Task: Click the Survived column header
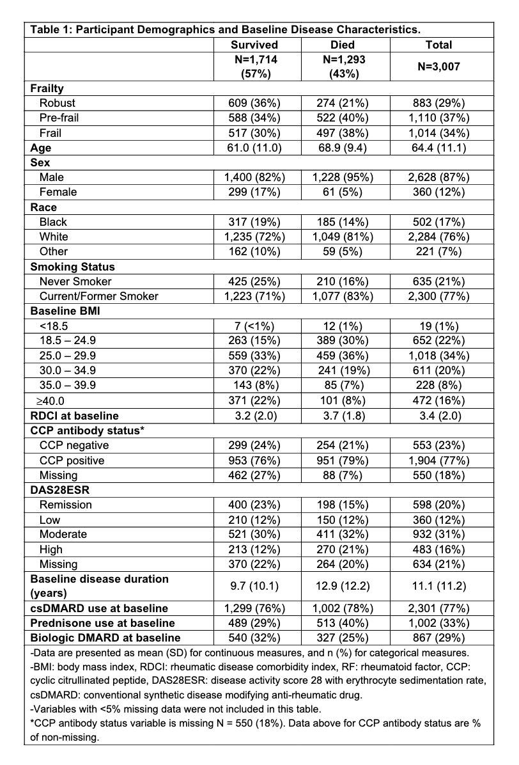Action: coord(254,45)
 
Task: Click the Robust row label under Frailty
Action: coord(58,103)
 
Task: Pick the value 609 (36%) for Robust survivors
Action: coord(254,103)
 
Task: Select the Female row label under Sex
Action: coord(58,192)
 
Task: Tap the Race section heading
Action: coord(43,207)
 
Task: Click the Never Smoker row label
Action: coord(75,281)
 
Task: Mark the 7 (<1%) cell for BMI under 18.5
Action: coord(254,326)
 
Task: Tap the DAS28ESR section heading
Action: coord(61,490)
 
